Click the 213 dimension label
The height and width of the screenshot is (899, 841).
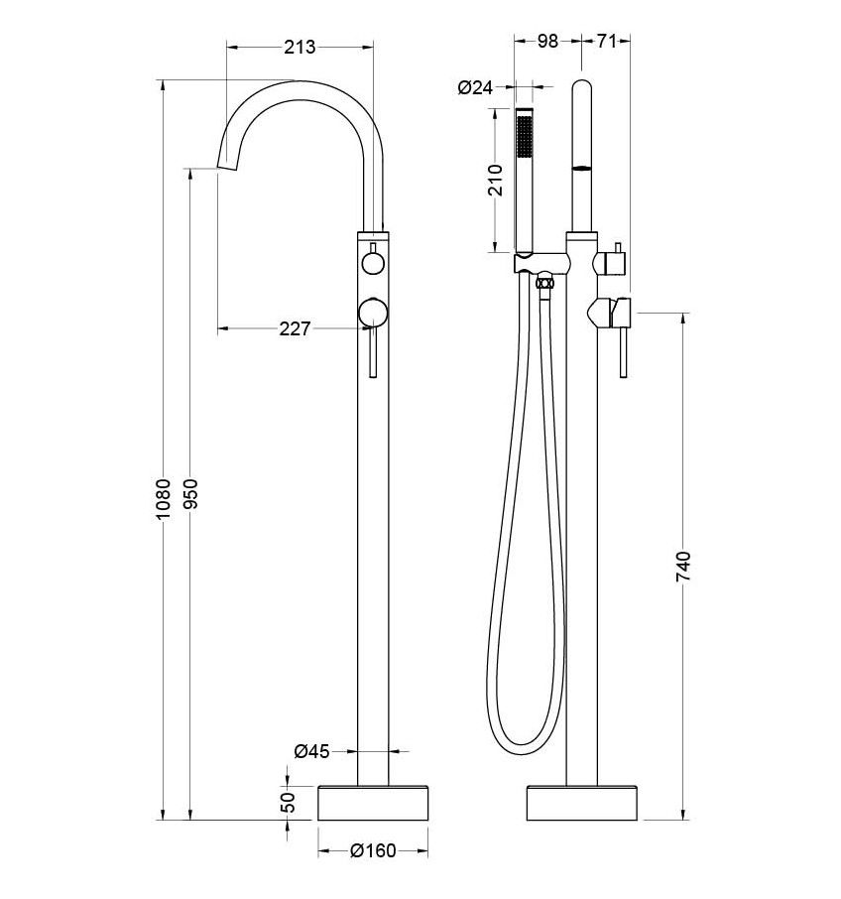pos(300,47)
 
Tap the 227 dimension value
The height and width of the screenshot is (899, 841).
pos(295,328)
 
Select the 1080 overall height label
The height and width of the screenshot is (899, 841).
pos(164,499)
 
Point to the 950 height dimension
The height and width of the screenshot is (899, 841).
pos(190,493)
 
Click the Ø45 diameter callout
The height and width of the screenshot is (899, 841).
pos(311,751)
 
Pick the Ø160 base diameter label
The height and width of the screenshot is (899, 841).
pos(373,850)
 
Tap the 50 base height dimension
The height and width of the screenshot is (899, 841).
pos(289,802)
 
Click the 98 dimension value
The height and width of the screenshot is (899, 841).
pos(547,41)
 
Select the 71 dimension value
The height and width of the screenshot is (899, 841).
pos(606,41)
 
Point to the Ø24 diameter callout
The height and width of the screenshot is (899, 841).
pos(475,87)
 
